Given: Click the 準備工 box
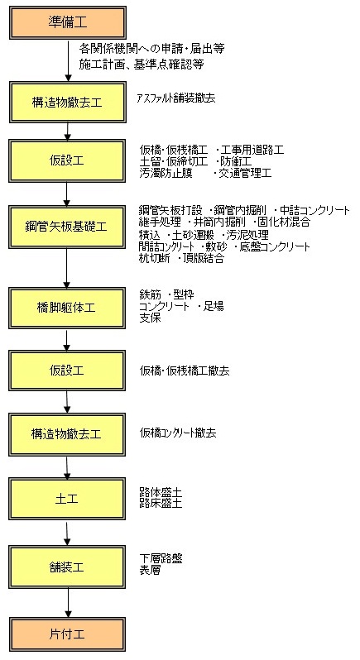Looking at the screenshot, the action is point(67,22).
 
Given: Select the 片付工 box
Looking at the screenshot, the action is point(67,634).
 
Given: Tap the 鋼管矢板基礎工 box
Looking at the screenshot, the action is point(66,227).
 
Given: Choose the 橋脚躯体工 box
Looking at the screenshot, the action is point(66,308).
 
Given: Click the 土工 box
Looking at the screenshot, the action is point(66,499).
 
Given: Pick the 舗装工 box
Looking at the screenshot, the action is point(66,567).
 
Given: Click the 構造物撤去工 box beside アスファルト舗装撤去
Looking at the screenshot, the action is point(67,103).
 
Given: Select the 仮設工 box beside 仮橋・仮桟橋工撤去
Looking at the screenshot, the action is point(66,371).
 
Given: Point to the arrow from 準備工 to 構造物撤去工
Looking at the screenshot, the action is point(68,60).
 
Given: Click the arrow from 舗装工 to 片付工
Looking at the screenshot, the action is point(68,603).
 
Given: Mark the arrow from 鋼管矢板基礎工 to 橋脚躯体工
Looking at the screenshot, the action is point(66,268).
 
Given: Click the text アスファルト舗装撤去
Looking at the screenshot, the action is point(175,98).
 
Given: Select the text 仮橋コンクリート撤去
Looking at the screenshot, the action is point(178,433).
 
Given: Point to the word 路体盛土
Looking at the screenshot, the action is point(161,492).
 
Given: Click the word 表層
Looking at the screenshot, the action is point(150,571).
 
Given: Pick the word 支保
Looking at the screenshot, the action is point(151,318).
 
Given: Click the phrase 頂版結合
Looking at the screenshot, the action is point(204,258).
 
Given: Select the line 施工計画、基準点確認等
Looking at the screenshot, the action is point(142,65).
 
